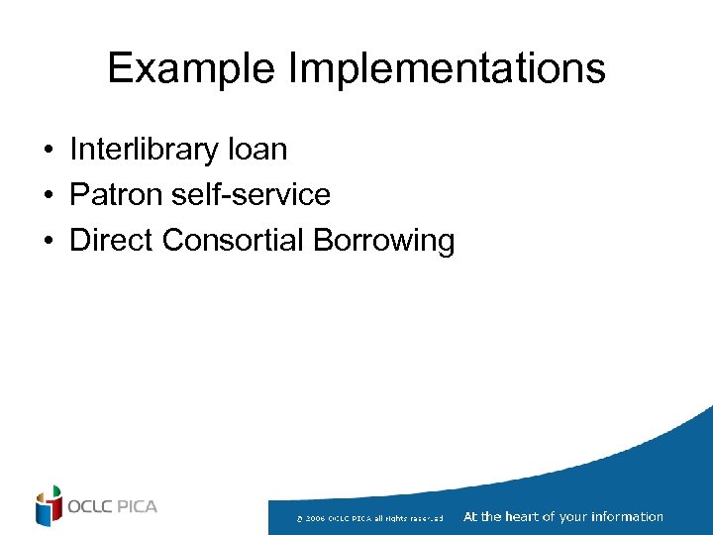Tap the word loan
coord(257,151)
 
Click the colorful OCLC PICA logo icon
coord(49,506)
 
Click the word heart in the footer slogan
coord(522,516)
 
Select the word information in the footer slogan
coord(627,516)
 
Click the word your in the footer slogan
coord(571,516)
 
